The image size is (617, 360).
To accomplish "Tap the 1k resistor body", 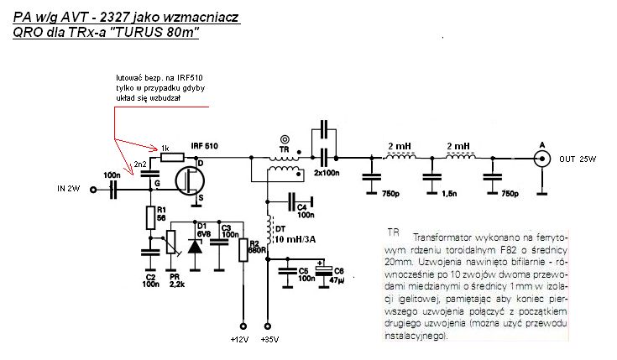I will (173, 156).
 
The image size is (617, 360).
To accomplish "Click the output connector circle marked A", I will (541, 158).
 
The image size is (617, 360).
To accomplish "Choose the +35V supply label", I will (270, 340).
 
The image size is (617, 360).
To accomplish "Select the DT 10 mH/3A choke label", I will (300, 233).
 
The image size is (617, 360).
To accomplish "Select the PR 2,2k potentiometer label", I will (176, 279).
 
